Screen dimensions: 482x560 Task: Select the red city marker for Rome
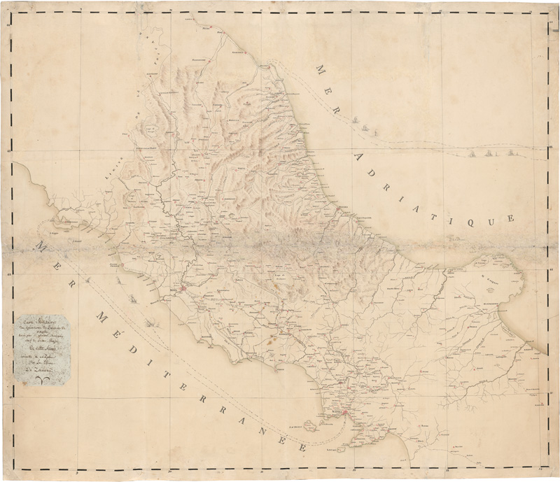pyautogui.click(x=184, y=288)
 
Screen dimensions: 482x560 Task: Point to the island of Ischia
pyautogui.click(x=298, y=425)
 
